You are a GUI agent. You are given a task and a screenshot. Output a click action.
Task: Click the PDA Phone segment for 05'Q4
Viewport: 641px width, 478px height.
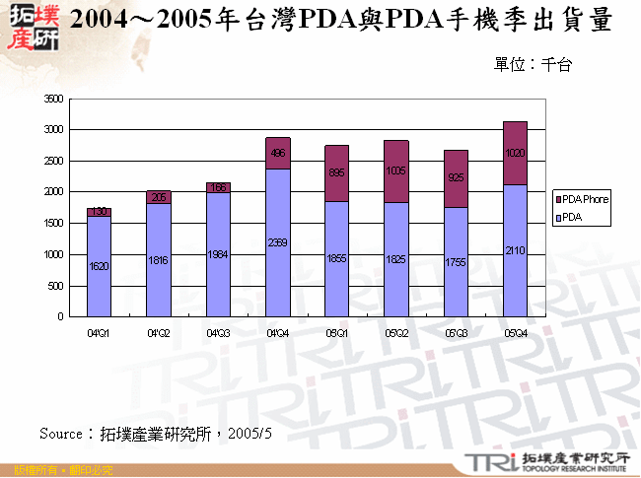tap(515, 153)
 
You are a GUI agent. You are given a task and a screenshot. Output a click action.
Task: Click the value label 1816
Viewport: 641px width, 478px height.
tap(158, 260)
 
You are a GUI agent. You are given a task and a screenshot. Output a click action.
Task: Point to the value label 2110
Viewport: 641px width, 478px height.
tap(515, 251)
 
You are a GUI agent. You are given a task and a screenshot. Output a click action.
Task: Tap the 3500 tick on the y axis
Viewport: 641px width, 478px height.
tap(53, 99)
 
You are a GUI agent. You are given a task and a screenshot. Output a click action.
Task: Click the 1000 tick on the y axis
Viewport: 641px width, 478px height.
tap(53, 254)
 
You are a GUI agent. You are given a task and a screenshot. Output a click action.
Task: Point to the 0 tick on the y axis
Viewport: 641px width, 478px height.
tap(59, 317)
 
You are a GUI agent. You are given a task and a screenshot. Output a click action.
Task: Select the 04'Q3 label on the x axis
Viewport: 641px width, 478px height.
tap(218, 333)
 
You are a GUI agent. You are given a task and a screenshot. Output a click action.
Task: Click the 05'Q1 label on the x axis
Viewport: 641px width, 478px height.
tap(336, 333)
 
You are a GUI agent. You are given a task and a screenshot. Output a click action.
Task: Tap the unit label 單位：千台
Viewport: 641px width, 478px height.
tap(534, 64)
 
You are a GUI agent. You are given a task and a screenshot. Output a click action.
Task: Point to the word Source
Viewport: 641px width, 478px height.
tap(62, 433)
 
